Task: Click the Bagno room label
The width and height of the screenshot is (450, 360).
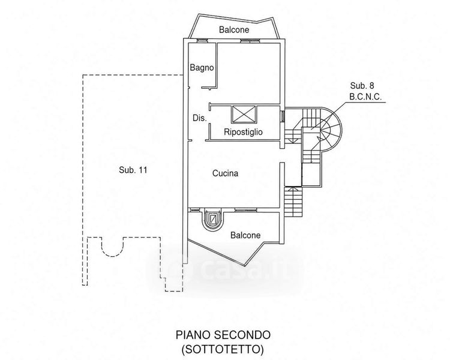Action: pos(202,68)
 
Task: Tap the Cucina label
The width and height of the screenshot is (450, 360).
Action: pos(225,173)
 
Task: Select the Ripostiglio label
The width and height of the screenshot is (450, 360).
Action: pos(243,132)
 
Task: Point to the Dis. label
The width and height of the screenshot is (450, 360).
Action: pos(199,118)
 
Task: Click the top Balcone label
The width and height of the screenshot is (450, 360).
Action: pos(234,29)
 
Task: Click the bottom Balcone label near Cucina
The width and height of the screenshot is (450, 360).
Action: pos(245,235)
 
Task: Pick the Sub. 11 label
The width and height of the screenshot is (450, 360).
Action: pos(133,170)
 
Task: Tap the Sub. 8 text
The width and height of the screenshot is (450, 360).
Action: pos(362,86)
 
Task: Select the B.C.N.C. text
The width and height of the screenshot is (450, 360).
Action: pos(365,97)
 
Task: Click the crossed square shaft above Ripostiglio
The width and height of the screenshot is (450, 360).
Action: pos(244,114)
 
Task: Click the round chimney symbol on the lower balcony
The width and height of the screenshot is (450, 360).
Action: pos(212,220)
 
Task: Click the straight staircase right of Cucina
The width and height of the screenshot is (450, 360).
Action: pos(293,202)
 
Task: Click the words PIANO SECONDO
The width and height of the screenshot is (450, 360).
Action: pos(223,335)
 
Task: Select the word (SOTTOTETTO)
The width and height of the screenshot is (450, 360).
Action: pos(223,349)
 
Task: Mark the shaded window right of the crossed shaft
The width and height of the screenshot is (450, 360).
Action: pos(282,116)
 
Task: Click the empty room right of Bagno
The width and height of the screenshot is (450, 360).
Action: pos(248,73)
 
